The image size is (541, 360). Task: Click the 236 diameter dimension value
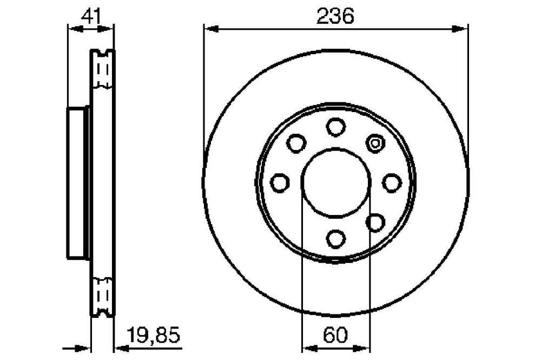335,16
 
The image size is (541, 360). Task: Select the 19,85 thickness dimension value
154,335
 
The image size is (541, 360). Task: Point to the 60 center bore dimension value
335,335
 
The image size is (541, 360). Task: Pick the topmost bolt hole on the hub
336,127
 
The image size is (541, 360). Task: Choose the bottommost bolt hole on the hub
336,239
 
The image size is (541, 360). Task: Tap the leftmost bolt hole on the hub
280,183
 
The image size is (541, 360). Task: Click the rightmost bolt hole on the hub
392,183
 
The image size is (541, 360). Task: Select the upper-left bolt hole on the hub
296,143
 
